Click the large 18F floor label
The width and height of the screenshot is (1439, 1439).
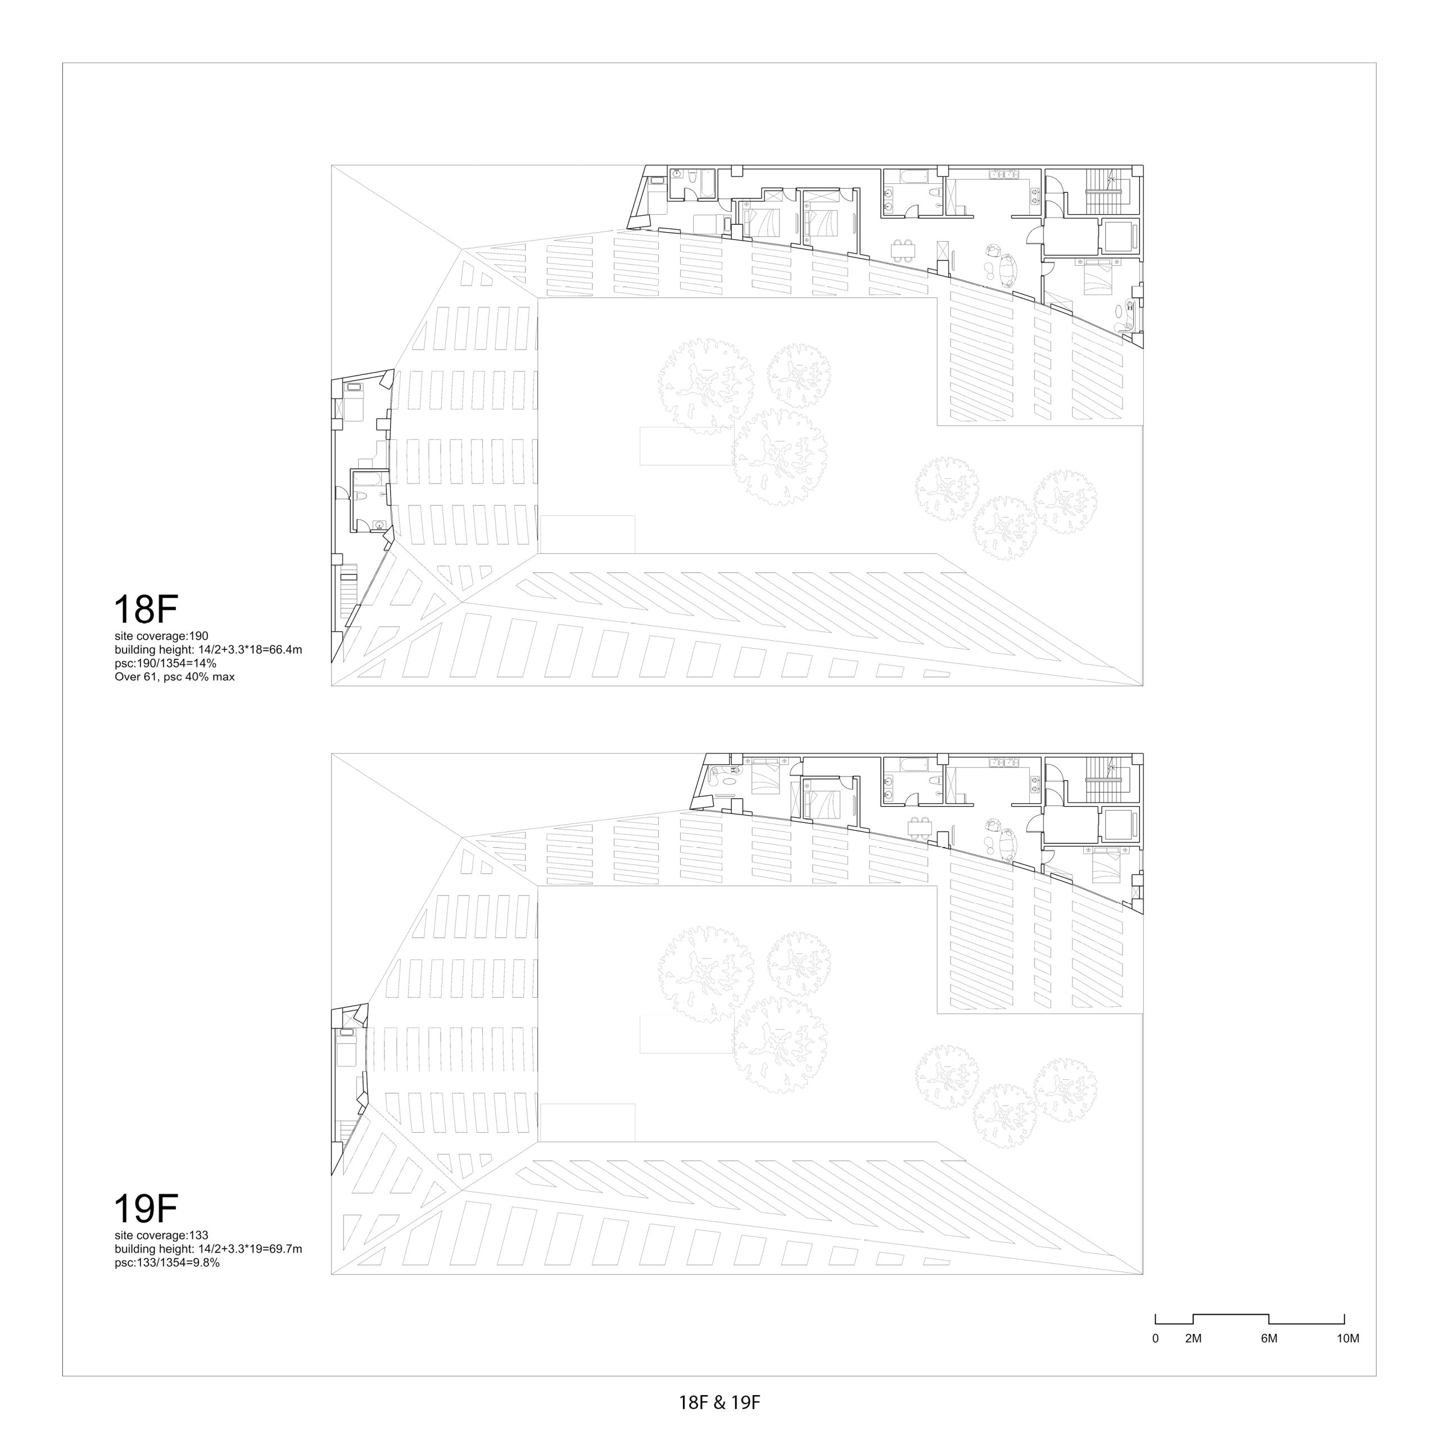pyautogui.click(x=145, y=609)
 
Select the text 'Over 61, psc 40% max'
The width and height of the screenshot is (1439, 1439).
pyautogui.click(x=174, y=677)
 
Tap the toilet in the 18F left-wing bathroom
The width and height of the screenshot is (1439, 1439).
pyautogui.click(x=360, y=496)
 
